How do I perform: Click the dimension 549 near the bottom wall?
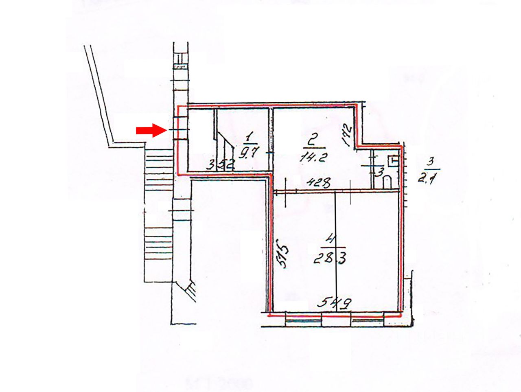coord(334,303)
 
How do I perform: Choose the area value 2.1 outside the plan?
coord(428,178)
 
